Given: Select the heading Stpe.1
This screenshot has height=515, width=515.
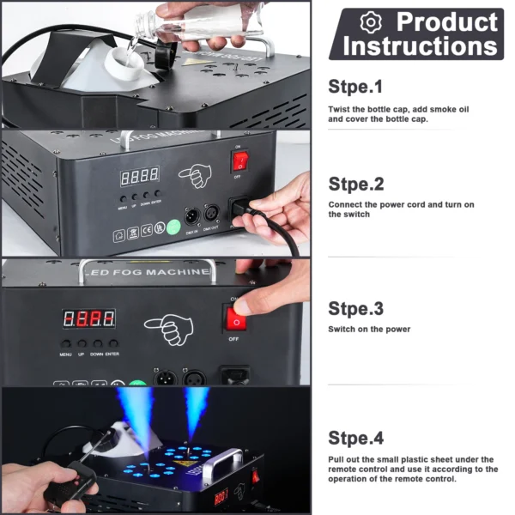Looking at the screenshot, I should coord(355,86).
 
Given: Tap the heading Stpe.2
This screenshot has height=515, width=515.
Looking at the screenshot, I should coord(355,184).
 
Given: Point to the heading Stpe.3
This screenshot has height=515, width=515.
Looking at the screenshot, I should coord(355,308).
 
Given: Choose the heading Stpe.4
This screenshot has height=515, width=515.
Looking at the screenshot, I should coord(355,438).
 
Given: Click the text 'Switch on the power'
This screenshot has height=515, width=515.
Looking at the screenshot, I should coord(369,329).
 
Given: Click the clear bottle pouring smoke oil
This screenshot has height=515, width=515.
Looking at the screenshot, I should coord(206,21).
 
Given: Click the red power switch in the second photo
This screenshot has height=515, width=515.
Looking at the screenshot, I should coord(241,161).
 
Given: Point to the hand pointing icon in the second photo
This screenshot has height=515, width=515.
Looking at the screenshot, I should coord(195,177).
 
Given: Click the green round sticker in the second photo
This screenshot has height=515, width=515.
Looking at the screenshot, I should coord(173,228).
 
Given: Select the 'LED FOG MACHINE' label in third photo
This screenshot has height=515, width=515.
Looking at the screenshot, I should coord(154,273).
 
